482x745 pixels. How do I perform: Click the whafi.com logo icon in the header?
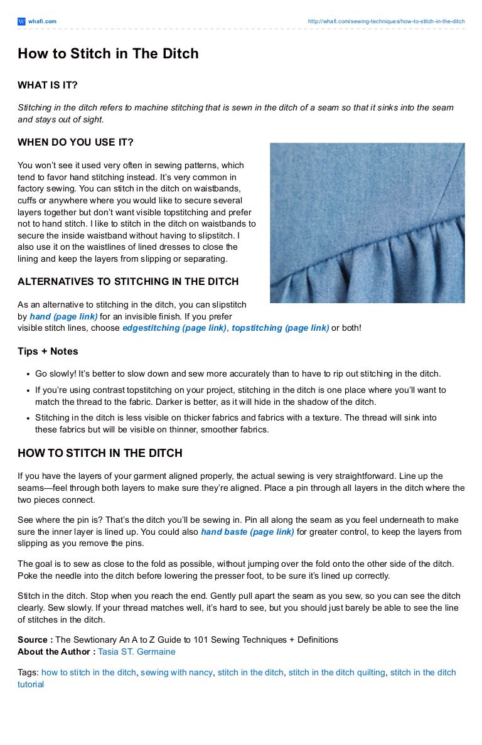coord(21,21)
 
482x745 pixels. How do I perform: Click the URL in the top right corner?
coord(386,21)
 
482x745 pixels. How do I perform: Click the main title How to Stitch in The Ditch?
coord(108,54)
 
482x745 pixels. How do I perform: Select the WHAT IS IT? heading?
coord(48,85)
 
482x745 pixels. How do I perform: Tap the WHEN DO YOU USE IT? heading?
coord(75,142)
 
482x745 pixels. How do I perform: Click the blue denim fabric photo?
coord(367,223)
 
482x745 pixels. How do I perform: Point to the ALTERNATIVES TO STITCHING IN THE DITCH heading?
coord(128,282)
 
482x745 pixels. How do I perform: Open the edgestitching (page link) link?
coord(174,328)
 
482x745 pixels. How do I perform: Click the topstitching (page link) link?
coord(280,328)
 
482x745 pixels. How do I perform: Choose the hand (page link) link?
coord(63,316)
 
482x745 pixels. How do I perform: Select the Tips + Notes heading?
coord(48,351)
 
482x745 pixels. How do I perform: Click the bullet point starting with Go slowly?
coord(238,373)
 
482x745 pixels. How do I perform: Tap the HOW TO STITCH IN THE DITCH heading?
coord(100,453)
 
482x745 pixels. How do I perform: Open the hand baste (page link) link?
coord(247,532)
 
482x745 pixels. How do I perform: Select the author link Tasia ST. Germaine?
coord(137,651)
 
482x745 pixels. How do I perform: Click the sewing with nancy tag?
coord(176,672)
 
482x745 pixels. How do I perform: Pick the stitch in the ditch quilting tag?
coord(336,672)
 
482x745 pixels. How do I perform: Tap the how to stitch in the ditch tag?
coord(88,672)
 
